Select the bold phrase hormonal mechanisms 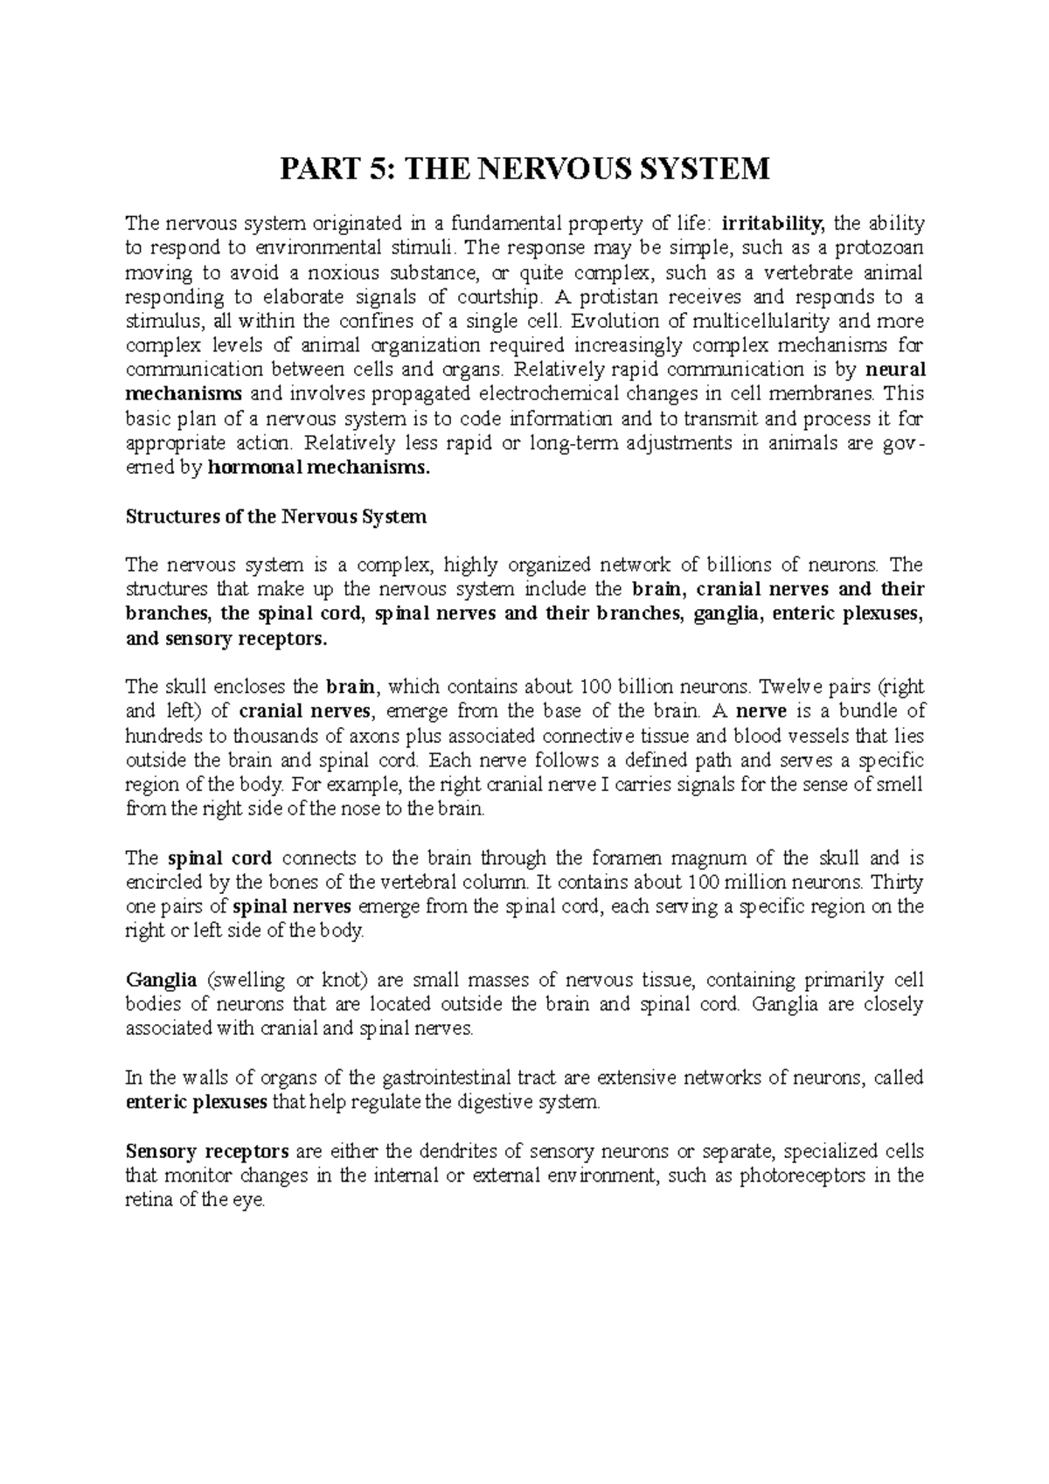click(319, 468)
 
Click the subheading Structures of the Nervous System click(276, 517)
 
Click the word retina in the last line click(146, 1201)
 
